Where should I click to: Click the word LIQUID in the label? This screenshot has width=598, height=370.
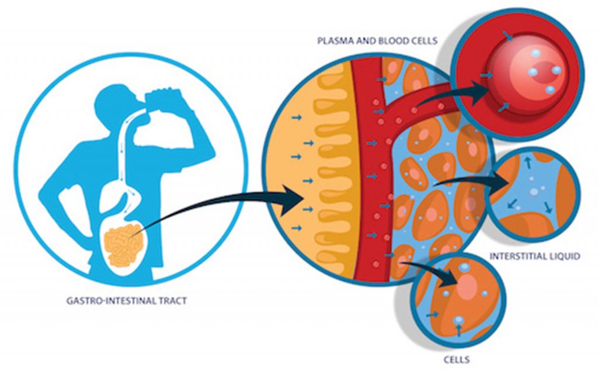(x=564, y=256)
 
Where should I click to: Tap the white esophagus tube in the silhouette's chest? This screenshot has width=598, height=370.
(x=126, y=146)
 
